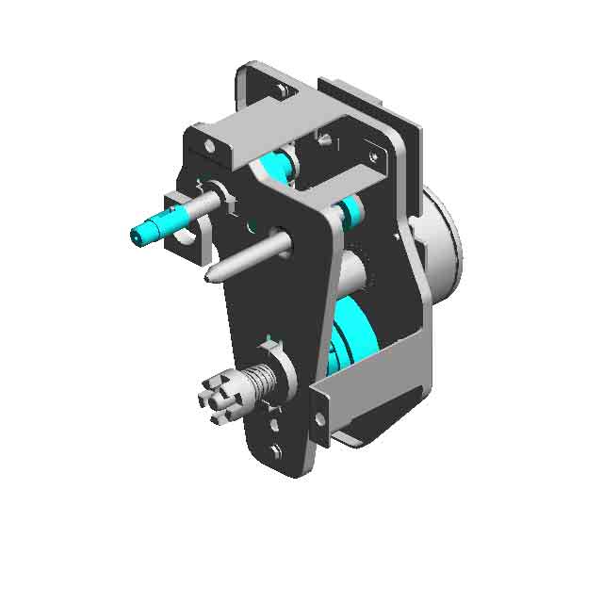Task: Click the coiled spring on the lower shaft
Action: click(x=259, y=382)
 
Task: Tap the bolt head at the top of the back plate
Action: click(x=282, y=90)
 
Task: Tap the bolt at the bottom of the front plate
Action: click(x=275, y=451)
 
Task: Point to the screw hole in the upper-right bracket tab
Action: click(x=375, y=156)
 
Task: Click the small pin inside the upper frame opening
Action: click(x=324, y=141)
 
